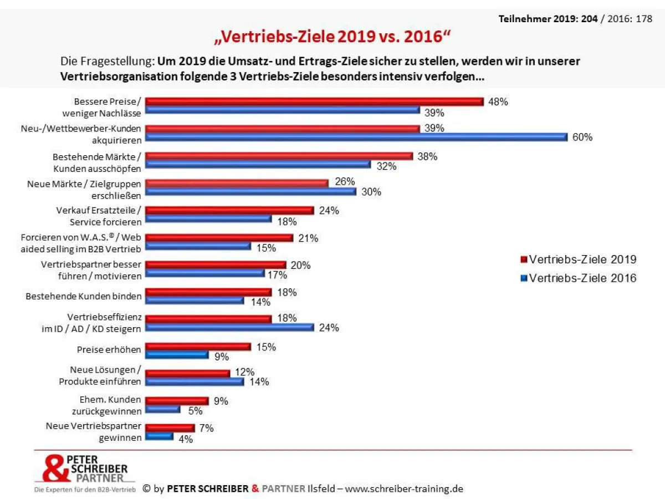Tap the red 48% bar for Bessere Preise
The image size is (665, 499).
314,101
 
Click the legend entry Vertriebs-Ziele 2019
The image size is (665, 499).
582,259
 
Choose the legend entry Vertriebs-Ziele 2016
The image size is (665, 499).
582,278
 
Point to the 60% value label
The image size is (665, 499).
582,137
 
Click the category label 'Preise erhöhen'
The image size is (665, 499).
109,350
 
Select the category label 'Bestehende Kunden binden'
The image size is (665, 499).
83,296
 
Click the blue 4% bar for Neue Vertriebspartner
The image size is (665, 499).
159,436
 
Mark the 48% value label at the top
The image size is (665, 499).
498,102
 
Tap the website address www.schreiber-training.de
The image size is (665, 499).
403,488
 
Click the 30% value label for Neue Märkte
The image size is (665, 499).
371,192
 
